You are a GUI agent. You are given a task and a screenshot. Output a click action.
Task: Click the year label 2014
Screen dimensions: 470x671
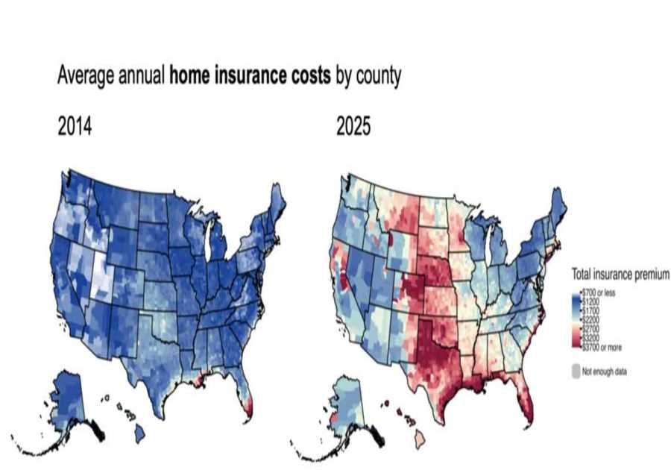75,127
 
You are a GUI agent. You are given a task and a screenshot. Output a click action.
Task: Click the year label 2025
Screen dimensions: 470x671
353,127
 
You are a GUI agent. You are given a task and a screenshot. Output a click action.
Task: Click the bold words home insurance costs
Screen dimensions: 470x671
250,76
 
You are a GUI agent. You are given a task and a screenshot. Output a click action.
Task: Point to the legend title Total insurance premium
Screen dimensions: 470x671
620,275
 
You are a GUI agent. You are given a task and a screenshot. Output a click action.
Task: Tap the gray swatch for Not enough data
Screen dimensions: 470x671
575,371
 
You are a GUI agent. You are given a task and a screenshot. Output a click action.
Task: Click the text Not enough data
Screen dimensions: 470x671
605,371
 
